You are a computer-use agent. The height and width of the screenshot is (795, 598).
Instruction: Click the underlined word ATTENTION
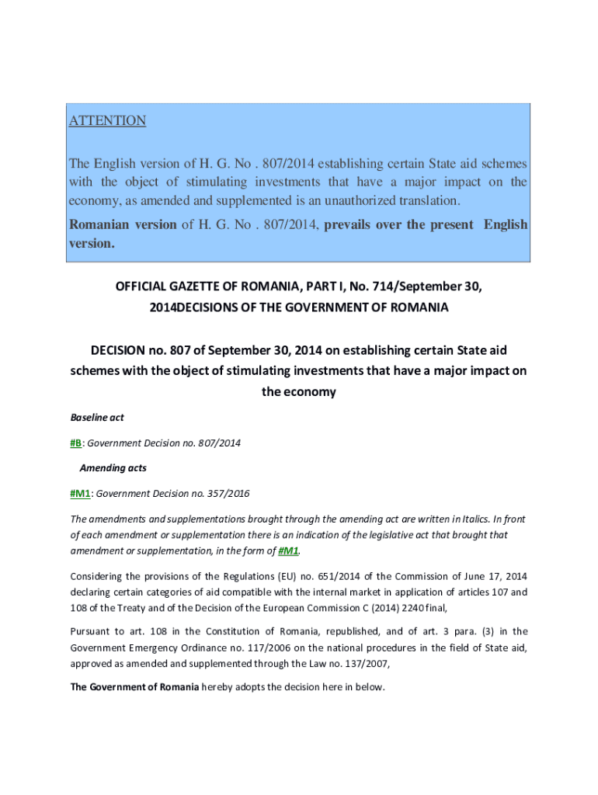[107, 120]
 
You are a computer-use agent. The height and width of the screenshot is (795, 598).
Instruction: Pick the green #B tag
[76, 443]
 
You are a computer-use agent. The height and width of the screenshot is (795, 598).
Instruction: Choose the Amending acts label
[113, 468]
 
